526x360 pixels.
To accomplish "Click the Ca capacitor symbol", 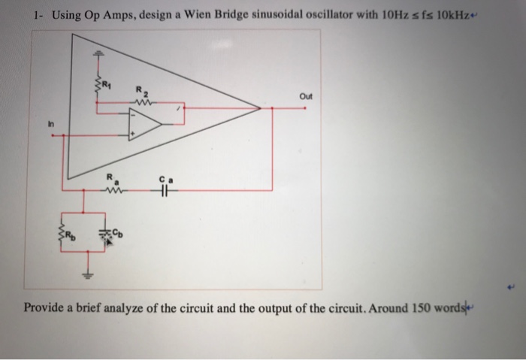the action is coord(165,190).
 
